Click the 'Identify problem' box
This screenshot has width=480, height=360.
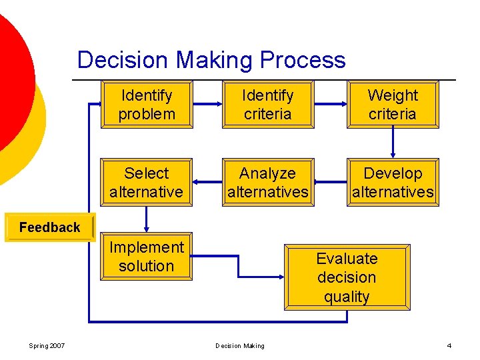point(147,105)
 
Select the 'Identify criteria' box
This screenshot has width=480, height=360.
point(267,105)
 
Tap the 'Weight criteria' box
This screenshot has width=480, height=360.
point(393,105)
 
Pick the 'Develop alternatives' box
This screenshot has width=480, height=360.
point(393,183)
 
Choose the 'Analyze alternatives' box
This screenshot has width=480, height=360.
point(267,183)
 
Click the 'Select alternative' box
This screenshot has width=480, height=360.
point(147,183)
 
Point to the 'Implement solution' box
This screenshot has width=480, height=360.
point(147,257)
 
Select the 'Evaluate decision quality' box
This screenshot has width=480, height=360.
point(347,277)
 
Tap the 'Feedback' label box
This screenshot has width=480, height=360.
point(50,227)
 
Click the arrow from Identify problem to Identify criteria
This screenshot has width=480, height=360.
point(208,104)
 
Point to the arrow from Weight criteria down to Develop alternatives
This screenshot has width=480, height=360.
point(393,143)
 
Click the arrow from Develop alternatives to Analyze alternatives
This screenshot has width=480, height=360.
point(329,182)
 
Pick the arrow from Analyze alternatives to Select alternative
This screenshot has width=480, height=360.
point(208,182)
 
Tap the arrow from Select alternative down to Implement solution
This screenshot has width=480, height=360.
point(147,219)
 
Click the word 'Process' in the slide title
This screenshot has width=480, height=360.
point(303,60)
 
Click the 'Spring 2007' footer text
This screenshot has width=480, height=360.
point(48,345)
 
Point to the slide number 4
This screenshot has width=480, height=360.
point(449,345)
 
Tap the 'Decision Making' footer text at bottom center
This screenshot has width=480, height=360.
point(240,345)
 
